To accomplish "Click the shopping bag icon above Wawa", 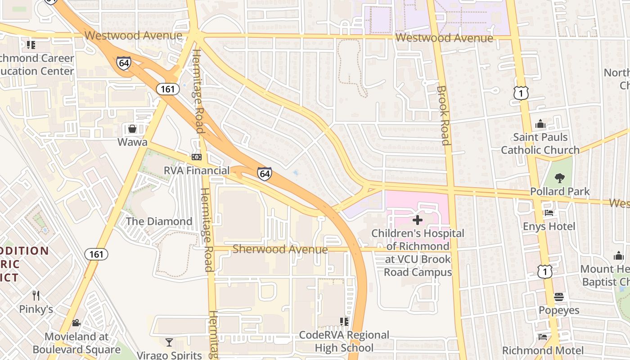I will (132, 129).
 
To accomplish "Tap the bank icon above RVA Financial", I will (197, 157).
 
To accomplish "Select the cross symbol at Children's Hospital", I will (418, 220).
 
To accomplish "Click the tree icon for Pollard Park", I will (560, 178).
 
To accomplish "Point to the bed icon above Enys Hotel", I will (549, 213).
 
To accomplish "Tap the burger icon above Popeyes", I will (559, 297).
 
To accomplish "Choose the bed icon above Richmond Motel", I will (543, 337).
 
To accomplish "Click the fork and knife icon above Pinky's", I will (36, 296).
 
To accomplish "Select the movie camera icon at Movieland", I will (76, 323).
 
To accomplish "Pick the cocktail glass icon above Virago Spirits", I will (169, 342).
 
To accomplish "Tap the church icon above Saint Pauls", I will (540, 124).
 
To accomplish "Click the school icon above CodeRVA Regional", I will (344, 321).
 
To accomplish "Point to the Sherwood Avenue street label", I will (280, 249).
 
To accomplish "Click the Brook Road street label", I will (443, 116).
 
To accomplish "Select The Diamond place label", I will (159, 221).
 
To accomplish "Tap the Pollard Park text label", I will (560, 191).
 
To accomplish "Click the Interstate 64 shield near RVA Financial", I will (265, 174).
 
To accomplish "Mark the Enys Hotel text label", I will (549, 226).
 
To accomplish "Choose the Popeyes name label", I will (559, 310).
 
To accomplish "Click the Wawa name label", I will (132, 142).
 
